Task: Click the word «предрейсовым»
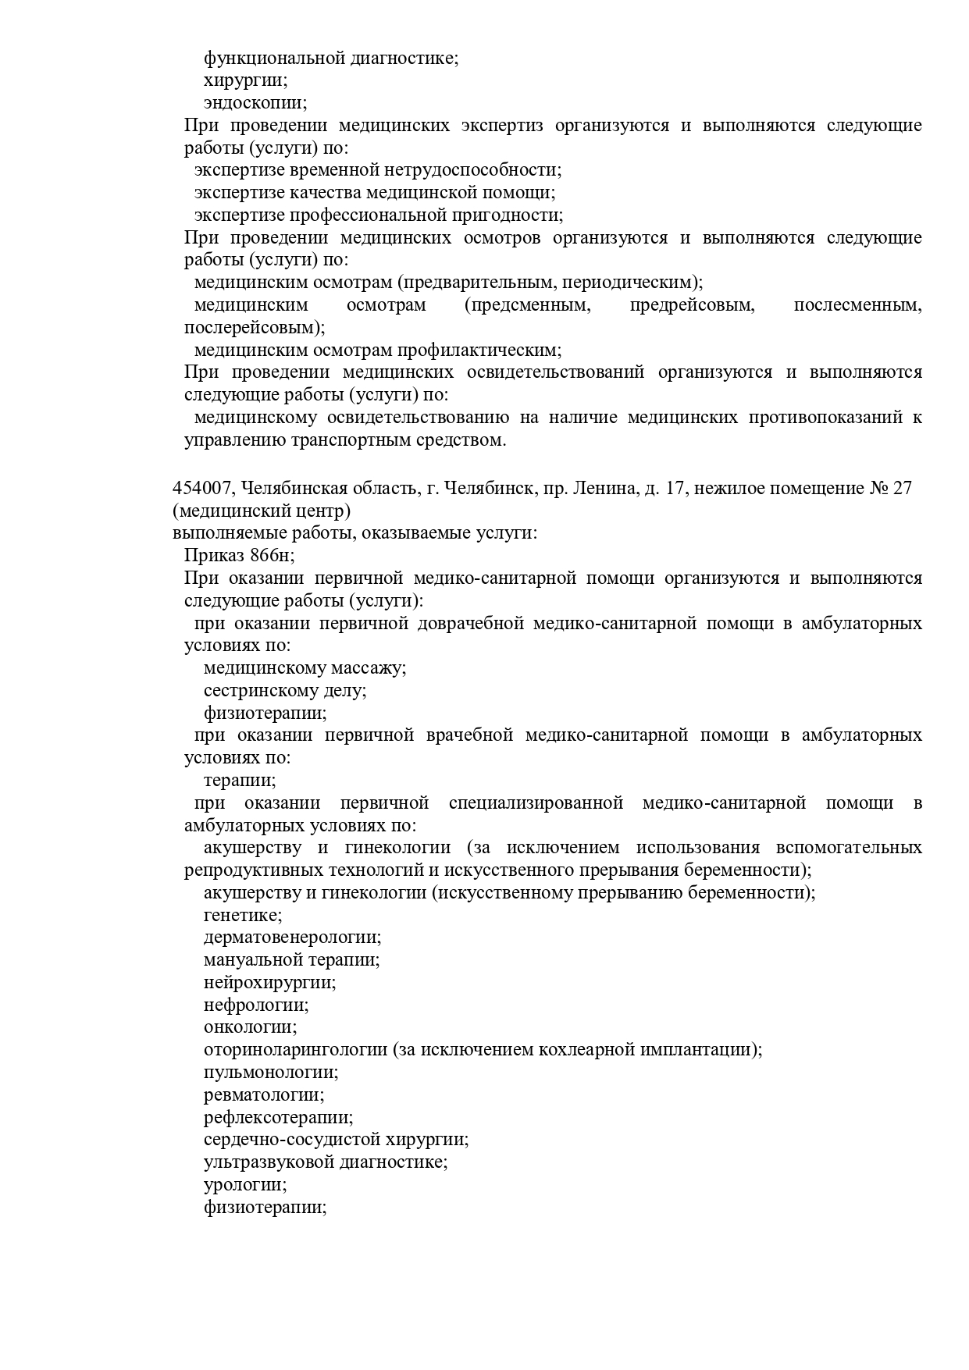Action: coord(692,305)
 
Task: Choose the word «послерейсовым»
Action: coord(252,328)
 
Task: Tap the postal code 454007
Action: coord(202,489)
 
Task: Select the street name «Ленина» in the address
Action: coord(604,489)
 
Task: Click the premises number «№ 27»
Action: coord(890,489)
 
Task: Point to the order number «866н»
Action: coord(272,556)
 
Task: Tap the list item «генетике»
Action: coord(242,915)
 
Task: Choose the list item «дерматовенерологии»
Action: coord(292,938)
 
